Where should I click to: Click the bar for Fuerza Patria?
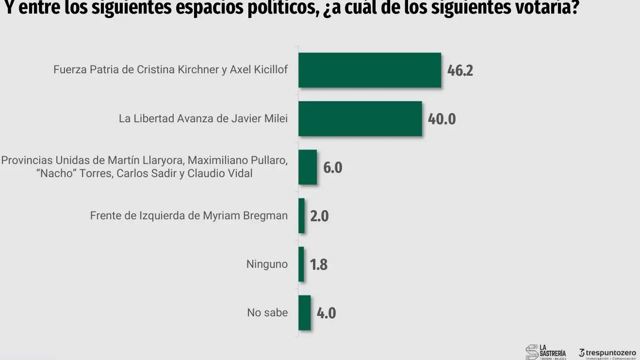(369, 70)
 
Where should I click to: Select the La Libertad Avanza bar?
(360, 119)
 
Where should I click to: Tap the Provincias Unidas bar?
(307, 167)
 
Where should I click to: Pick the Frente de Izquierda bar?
(301, 216)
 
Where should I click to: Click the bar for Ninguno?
(301, 264)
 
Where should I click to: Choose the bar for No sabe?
(304, 313)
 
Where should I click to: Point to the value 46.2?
(459, 71)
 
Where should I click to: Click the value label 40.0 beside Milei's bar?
(442, 119)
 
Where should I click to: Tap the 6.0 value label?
(333, 168)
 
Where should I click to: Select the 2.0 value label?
(319, 216)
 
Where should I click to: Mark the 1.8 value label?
(319, 265)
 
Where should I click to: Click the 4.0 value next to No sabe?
(326, 313)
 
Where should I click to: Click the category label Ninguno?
(267, 264)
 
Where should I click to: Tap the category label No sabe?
(267, 313)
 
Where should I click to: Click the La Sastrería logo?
(546, 352)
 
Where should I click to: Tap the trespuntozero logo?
(607, 353)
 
